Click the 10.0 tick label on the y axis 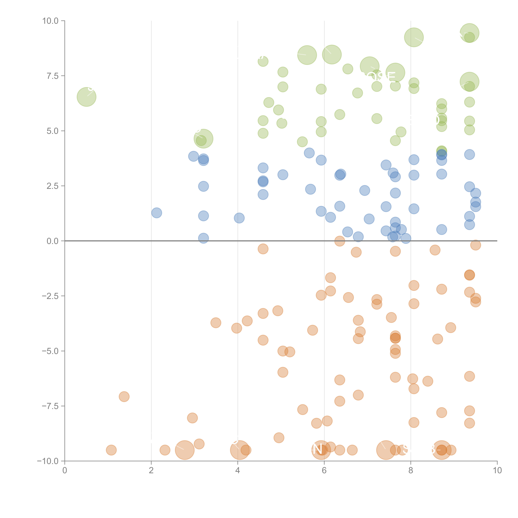pos(50,21)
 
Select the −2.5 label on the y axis pos(50,296)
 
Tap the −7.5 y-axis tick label pos(50,406)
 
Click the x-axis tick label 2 pos(151,470)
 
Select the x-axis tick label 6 pos(324,470)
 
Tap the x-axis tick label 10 pos(497,470)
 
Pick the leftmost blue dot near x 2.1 pos(157,213)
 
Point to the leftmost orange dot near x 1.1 pos(111,450)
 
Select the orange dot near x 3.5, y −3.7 pos(216,323)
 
